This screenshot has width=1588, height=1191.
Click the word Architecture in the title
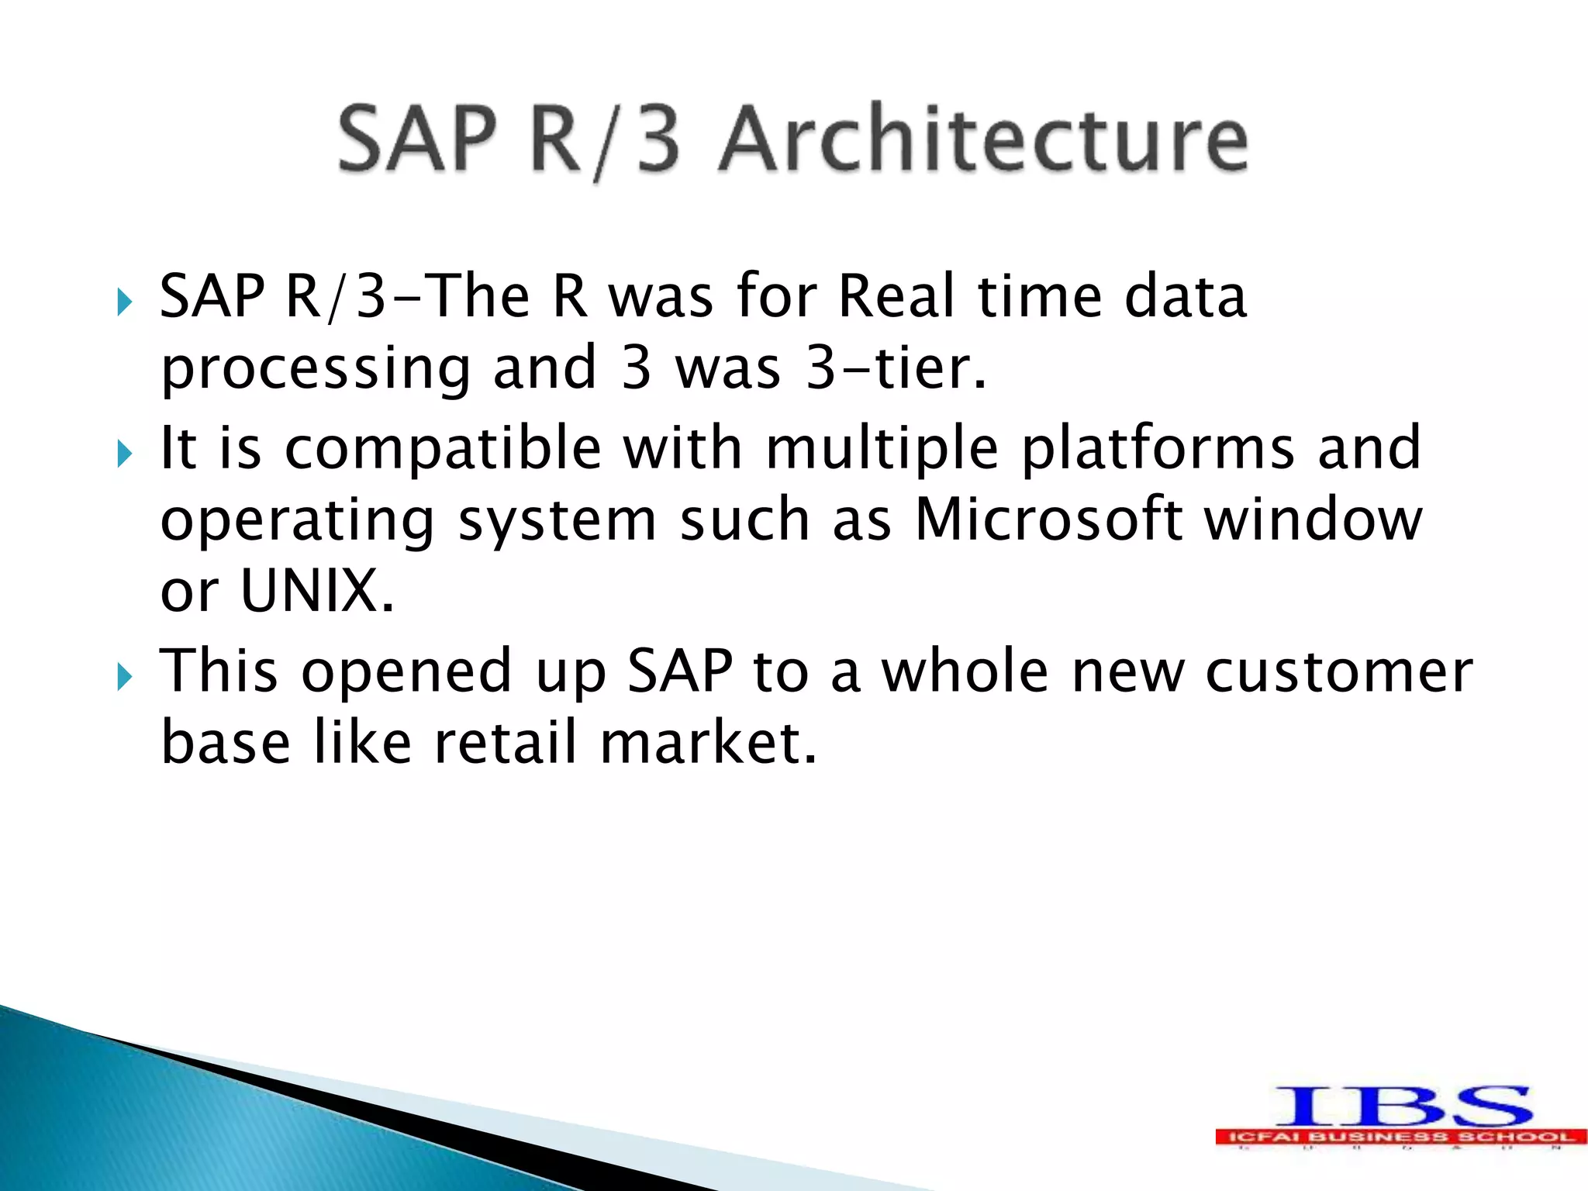coord(983,140)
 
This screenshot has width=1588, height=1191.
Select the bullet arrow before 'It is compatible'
coord(124,454)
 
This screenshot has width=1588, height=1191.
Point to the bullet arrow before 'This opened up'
coord(124,677)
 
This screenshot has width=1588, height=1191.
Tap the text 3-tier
coord(896,368)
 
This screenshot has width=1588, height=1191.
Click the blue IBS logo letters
coord(1403,1106)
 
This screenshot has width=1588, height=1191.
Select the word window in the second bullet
coord(1314,520)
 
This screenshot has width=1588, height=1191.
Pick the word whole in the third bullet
coord(965,671)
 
